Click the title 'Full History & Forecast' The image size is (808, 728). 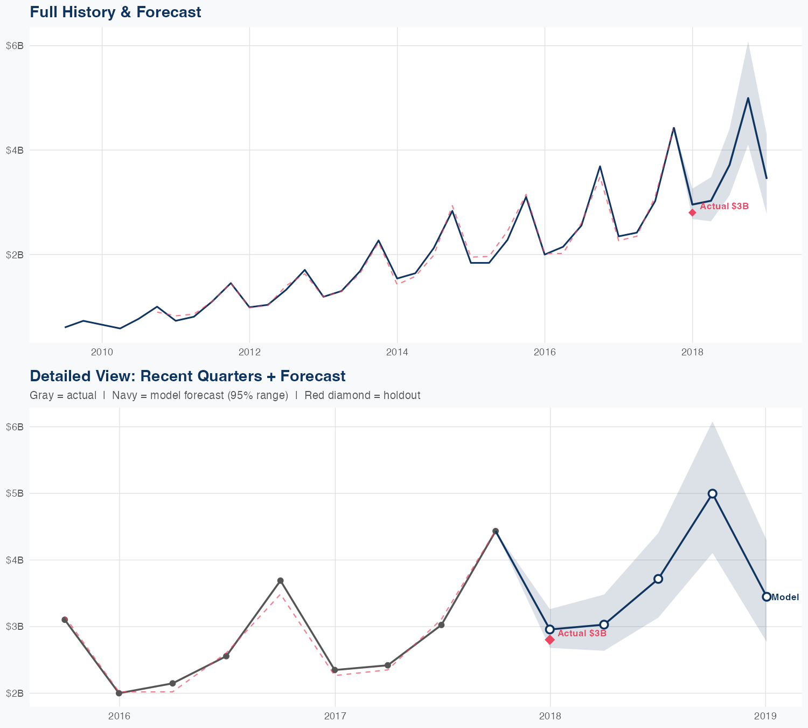click(115, 12)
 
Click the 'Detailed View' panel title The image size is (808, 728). click(187, 376)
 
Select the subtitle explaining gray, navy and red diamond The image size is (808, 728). click(225, 395)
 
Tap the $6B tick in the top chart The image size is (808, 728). click(15, 46)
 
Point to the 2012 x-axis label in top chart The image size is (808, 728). click(249, 353)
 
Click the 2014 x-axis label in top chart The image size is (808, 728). click(397, 353)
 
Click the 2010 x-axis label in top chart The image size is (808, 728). click(102, 353)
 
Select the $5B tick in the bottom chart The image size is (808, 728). click(15, 493)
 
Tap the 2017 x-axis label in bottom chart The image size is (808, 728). click(335, 716)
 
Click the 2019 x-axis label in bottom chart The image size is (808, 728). click(765, 716)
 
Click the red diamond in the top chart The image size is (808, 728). click(692, 212)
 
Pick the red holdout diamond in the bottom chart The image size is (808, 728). click(549, 640)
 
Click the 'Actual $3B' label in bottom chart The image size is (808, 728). click(582, 633)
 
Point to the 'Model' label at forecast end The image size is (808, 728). click(785, 597)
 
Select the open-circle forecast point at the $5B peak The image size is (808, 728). click(712, 493)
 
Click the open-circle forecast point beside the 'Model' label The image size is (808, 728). click(766, 596)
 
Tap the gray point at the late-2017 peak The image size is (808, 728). click(496, 531)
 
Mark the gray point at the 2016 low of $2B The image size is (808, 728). click(119, 693)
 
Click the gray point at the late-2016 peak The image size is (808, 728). click(280, 581)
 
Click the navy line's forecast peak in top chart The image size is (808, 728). click(748, 98)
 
